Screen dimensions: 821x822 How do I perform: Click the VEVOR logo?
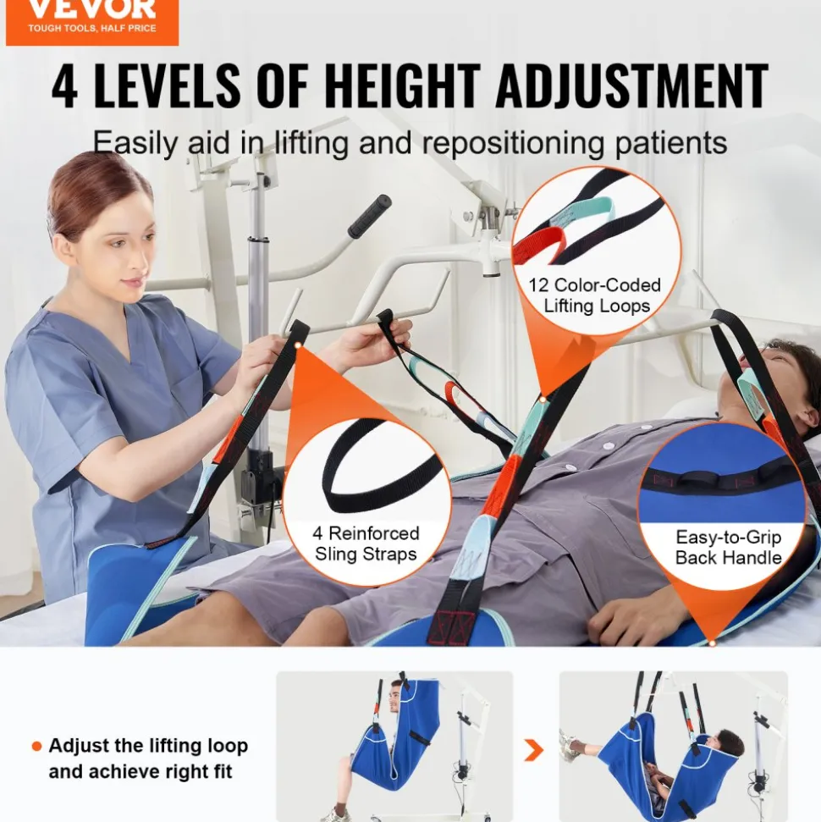tap(91, 21)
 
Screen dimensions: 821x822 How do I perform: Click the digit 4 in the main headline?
tap(65, 86)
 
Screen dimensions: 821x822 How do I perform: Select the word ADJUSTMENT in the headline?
tap(631, 86)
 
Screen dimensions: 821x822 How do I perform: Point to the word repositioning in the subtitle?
tap(513, 143)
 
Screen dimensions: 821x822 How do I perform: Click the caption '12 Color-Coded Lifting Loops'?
tap(595, 295)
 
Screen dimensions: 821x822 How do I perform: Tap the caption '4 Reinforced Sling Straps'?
tap(366, 543)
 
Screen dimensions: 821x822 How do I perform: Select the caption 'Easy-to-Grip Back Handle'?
tap(728, 547)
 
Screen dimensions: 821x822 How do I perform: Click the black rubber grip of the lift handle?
tap(370, 216)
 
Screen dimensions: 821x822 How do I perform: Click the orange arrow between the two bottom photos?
tap(533, 750)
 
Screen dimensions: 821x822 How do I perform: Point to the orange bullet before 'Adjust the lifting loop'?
tap(36, 746)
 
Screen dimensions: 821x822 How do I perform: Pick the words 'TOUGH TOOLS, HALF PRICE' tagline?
tap(92, 28)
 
